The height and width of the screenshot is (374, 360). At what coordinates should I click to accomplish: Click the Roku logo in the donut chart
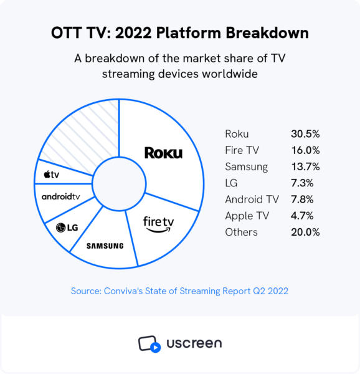click(163, 153)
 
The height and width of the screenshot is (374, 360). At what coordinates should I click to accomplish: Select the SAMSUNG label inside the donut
click(105, 246)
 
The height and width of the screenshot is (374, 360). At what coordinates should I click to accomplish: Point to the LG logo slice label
click(67, 228)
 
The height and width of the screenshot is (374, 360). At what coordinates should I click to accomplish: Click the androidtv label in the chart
click(60, 196)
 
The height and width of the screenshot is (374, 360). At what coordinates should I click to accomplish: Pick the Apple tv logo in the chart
click(52, 175)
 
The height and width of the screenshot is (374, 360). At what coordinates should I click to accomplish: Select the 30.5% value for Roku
click(305, 134)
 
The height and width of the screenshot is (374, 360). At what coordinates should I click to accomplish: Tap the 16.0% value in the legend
click(305, 150)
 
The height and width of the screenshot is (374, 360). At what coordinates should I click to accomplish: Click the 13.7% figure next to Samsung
click(305, 166)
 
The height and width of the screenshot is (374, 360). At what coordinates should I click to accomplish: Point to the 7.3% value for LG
click(302, 183)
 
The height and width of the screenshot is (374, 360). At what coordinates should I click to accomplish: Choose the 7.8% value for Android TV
click(302, 199)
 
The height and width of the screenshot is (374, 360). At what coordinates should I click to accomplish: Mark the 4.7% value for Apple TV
click(302, 216)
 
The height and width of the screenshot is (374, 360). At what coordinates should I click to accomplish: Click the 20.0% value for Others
click(305, 232)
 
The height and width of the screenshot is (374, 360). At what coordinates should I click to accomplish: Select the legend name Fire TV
click(241, 150)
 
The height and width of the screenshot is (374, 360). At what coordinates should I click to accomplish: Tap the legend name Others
click(241, 232)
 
